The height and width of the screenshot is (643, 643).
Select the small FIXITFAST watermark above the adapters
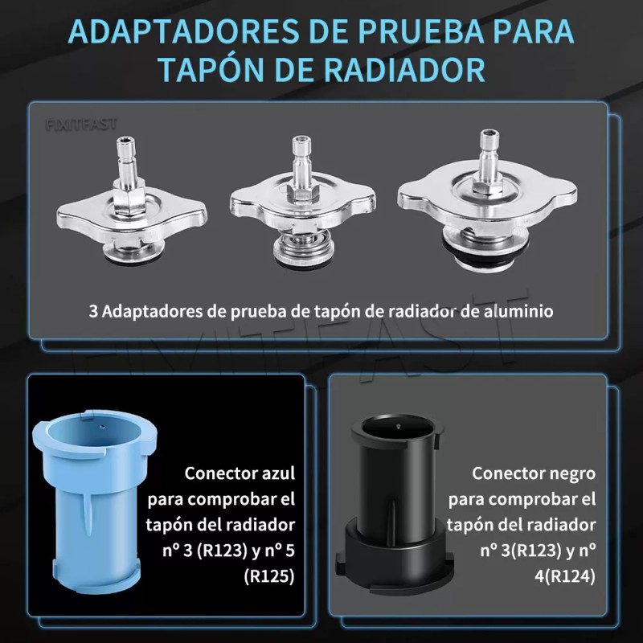tap(80, 125)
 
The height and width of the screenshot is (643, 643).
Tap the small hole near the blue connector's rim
tap(104, 419)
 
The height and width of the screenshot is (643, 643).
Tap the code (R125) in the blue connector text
tap(268, 577)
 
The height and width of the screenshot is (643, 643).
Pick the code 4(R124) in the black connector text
tap(559, 577)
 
